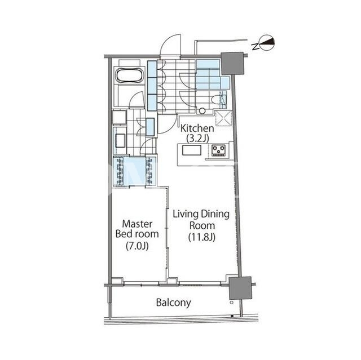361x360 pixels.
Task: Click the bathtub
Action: tap(130, 75)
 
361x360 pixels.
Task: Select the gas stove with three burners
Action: tap(218, 150)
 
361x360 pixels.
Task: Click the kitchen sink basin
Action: tap(192, 150)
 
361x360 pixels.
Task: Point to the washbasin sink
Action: tap(120, 141)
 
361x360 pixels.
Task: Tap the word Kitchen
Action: tap(197, 128)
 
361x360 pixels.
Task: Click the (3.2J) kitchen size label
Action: tap(197, 139)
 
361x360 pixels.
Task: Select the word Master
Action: tap(137, 224)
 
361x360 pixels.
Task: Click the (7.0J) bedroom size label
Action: tap(137, 246)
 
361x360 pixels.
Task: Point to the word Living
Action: tap(186, 214)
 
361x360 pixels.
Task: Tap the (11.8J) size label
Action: tap(202, 237)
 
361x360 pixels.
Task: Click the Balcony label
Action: tap(173, 303)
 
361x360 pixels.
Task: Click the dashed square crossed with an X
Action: tap(223, 119)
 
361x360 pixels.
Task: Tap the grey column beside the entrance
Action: tap(232, 63)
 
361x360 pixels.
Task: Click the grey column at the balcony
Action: tap(240, 288)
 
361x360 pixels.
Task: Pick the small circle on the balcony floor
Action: tap(232, 303)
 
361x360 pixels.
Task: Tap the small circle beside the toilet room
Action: tap(202, 111)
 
